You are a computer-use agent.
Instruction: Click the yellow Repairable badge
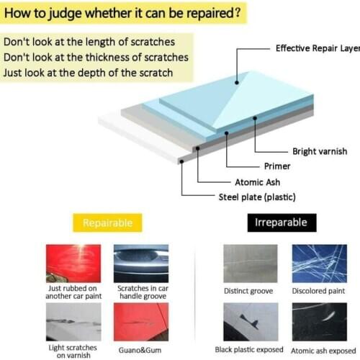click(107, 222)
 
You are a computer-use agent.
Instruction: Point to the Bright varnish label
click(320, 151)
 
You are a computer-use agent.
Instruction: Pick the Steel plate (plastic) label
click(257, 197)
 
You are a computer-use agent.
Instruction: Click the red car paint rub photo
click(73, 264)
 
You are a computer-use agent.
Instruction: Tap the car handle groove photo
click(141, 264)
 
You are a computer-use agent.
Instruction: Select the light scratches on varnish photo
click(73, 321)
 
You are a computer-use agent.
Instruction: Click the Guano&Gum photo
click(141, 321)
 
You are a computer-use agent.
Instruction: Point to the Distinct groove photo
click(250, 264)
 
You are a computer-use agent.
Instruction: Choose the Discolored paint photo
click(318, 264)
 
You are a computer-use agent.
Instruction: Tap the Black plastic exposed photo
click(250, 321)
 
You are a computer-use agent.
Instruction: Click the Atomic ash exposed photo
click(318, 321)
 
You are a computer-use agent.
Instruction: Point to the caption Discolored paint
click(318, 291)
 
